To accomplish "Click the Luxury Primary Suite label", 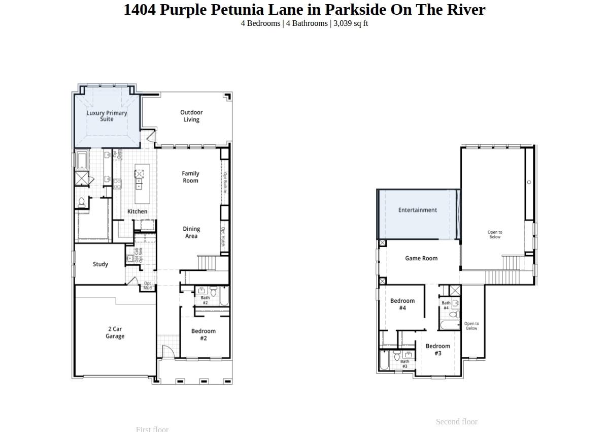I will coord(107,116).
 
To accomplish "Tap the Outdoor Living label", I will coord(191,116).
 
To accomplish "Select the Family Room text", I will coord(190,177).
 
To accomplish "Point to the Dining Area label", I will coord(191,232).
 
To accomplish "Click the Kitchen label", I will coord(137,211).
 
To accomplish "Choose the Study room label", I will coord(100,264).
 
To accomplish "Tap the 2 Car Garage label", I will coord(115,332).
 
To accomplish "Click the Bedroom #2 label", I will coord(204,334).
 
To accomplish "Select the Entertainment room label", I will coord(417,210).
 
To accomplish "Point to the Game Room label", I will coord(421,258).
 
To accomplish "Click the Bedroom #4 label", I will coord(402,304).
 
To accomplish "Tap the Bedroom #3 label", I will coord(437,349).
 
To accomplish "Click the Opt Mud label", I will coord(147,286).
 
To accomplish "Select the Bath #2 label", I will coord(205,300).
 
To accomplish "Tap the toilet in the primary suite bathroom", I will coord(81,202).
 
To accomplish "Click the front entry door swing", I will coord(168,351).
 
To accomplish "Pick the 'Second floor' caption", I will coord(456,422).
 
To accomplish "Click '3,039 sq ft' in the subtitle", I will coord(351,23).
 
